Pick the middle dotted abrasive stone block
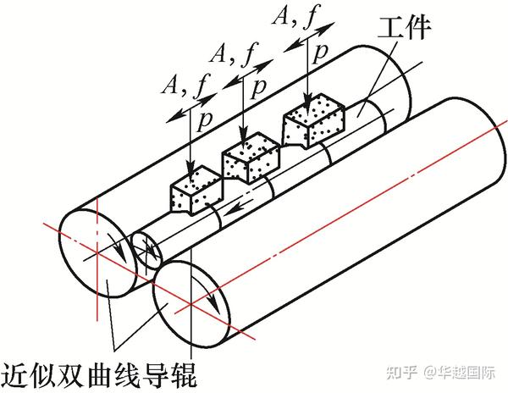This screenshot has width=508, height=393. (251, 157)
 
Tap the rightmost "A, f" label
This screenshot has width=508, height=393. (298, 17)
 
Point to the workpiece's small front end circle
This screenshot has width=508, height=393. (149, 250)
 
